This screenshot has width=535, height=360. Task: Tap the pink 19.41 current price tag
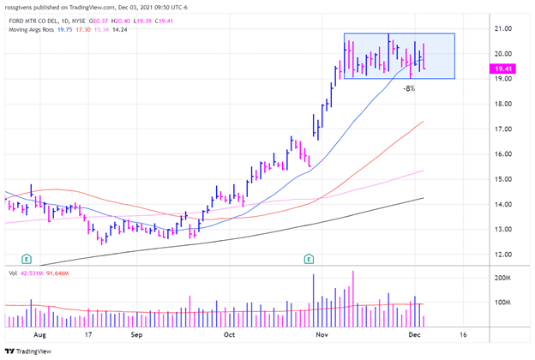(504, 67)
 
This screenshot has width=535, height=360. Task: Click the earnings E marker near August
(27, 258)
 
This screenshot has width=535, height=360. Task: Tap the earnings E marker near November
(309, 258)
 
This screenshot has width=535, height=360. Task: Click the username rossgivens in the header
(22, 5)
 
